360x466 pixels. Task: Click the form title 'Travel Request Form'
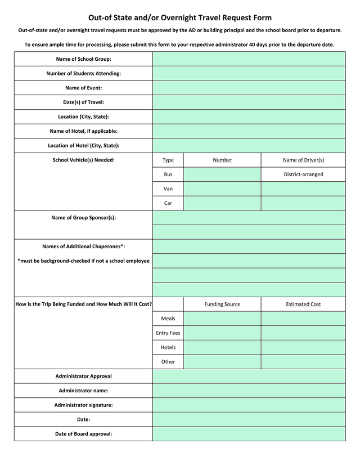[x=180, y=18]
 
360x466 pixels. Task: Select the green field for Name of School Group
[x=249, y=59]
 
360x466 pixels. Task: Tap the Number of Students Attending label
[x=83, y=73]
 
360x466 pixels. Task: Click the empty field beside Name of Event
[x=249, y=88]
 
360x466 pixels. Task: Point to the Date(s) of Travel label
[x=83, y=102]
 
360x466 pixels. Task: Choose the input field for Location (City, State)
[x=249, y=116]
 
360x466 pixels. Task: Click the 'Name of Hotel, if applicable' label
[x=83, y=131]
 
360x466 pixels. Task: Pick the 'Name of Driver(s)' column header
[x=303, y=160]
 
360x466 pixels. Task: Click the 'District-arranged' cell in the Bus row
[x=303, y=174]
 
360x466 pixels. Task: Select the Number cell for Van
[x=222, y=189]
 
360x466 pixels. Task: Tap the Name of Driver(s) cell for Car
[x=303, y=203]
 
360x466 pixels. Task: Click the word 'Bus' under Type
[x=168, y=174]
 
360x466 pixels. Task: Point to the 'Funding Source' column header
[x=222, y=304]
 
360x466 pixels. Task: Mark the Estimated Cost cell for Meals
[x=303, y=319]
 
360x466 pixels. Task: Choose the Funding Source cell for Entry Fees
[x=222, y=333]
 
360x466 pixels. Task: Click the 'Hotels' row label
[x=168, y=347]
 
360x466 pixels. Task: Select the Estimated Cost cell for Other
[x=303, y=362]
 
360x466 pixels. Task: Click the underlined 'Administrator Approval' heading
[x=83, y=376]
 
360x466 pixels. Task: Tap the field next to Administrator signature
[x=249, y=405]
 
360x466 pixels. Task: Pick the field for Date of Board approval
[x=249, y=434]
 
